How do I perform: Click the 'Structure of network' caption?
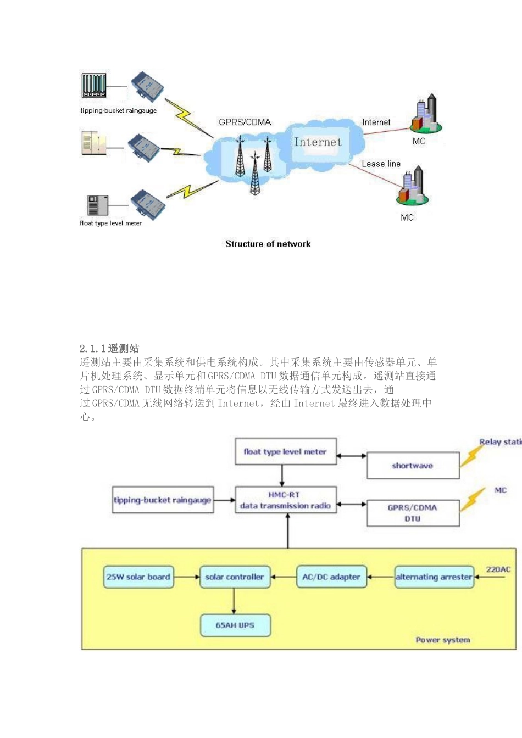tap(268, 244)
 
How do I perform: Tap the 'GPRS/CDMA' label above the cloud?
tap(245, 122)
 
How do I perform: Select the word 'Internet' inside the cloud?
tap(318, 142)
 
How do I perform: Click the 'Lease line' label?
tap(381, 164)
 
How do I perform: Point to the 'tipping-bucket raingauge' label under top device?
tap(118, 110)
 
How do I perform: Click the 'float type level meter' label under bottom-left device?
tap(110, 223)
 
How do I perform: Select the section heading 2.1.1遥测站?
tap(109, 348)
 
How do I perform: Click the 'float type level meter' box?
tap(285, 452)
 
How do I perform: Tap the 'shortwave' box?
tap(413, 466)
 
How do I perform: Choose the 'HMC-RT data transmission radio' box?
tap(285, 500)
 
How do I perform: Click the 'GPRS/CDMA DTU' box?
tap(413, 513)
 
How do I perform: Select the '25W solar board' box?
tap(138, 577)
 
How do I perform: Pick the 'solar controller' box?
tap(235, 577)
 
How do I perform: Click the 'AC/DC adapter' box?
tap(331, 577)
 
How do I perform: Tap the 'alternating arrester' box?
tap(434, 577)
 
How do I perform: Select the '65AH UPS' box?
tap(235, 625)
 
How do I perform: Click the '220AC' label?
tap(498, 569)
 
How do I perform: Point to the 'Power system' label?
tap(442, 640)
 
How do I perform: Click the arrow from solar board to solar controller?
tap(187, 577)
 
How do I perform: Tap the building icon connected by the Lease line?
tap(412, 187)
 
